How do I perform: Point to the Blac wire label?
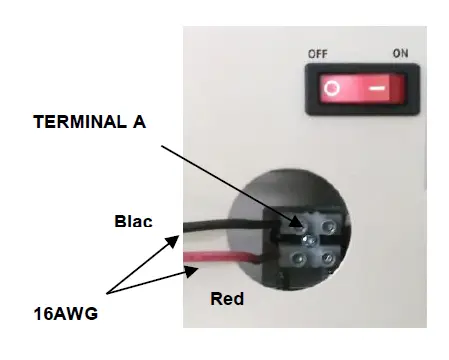133,221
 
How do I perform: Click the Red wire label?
227,298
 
